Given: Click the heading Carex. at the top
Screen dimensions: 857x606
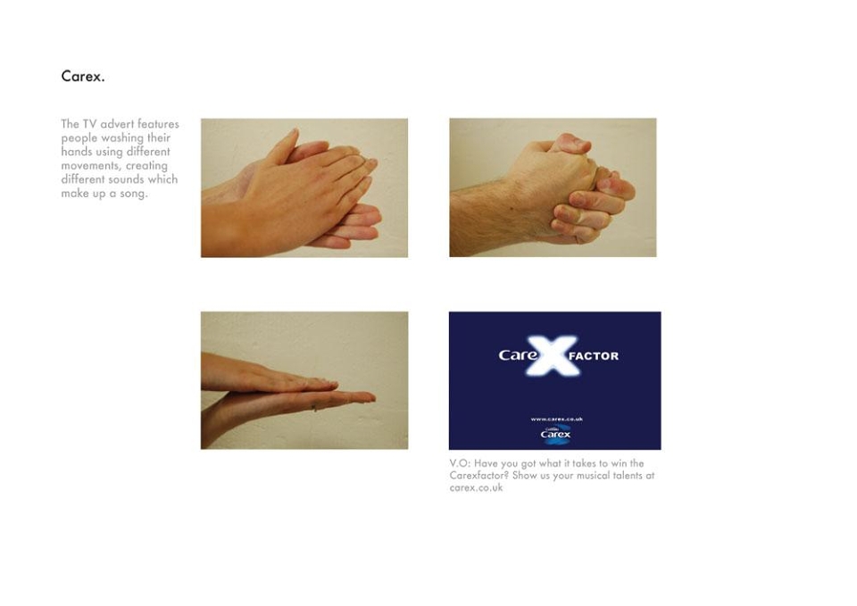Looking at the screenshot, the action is (x=82, y=76).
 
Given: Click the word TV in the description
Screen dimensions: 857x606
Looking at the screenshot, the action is (x=89, y=124).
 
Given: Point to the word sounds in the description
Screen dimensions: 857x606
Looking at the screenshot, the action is (x=129, y=179).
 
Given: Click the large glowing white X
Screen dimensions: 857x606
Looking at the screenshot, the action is (x=552, y=356).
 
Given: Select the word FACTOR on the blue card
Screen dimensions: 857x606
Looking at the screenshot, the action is (x=594, y=356).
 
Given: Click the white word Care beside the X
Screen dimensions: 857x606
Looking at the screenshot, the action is (x=518, y=355).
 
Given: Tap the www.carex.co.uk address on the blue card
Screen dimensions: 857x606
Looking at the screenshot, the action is (x=556, y=419).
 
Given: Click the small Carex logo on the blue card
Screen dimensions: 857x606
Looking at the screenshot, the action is (x=555, y=434).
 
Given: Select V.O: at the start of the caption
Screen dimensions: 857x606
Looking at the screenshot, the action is (x=460, y=463).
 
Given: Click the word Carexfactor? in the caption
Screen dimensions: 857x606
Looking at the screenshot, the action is (x=479, y=476).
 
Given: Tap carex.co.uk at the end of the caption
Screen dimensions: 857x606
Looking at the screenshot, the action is (x=476, y=488).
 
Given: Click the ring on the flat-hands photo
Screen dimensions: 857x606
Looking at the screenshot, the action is (x=314, y=407).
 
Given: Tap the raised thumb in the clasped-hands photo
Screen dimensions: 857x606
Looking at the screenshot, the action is (x=570, y=144).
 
